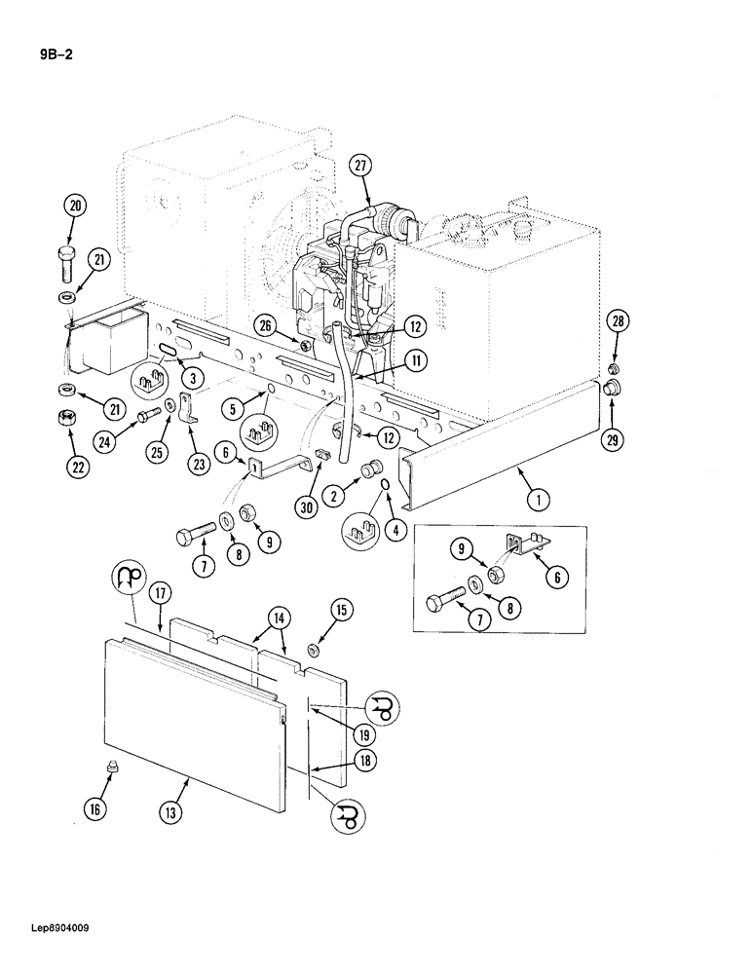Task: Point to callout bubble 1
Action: tap(535, 501)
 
